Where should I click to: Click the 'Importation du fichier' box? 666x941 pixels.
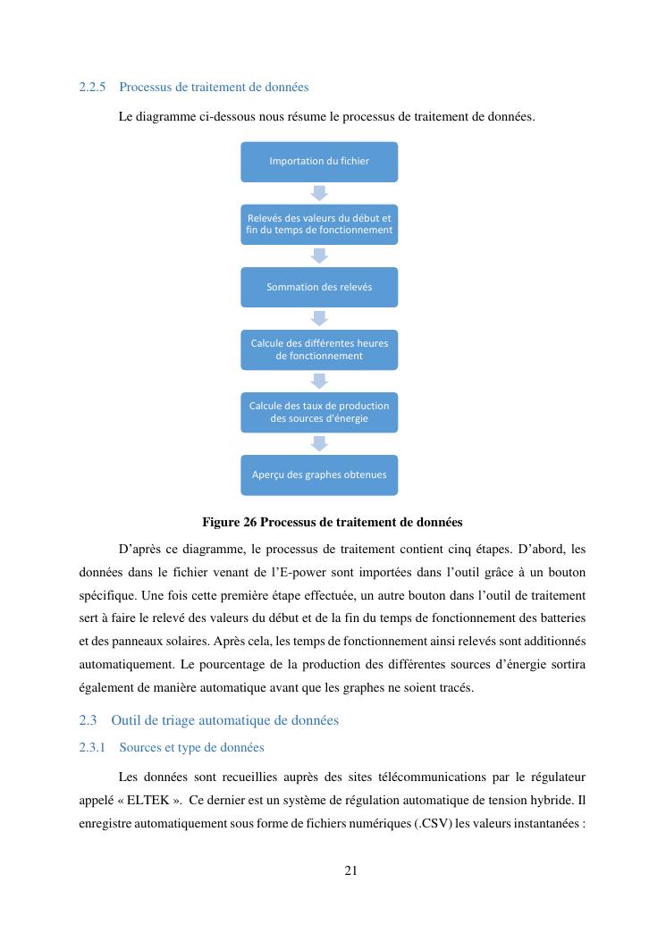(x=319, y=161)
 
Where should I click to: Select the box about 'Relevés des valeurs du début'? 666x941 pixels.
(x=319, y=223)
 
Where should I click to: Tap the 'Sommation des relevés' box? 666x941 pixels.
(x=319, y=287)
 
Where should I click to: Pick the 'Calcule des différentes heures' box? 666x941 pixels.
(x=319, y=349)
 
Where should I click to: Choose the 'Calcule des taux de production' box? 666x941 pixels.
(x=319, y=412)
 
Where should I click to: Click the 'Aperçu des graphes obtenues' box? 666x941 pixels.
(x=319, y=475)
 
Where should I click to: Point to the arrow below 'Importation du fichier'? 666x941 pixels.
(x=319, y=192)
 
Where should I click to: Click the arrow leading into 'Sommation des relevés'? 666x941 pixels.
(x=319, y=256)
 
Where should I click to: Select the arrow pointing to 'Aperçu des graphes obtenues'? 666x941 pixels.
(x=319, y=443)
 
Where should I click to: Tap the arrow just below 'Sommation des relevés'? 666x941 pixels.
(x=319, y=318)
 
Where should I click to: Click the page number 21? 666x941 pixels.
(x=350, y=870)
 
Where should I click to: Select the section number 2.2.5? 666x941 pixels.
(x=92, y=88)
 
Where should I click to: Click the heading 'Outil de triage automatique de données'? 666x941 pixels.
(x=225, y=719)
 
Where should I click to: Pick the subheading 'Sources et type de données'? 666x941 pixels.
(x=191, y=746)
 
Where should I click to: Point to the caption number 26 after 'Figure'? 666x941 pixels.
(x=249, y=521)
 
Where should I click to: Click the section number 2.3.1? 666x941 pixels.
(x=92, y=746)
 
